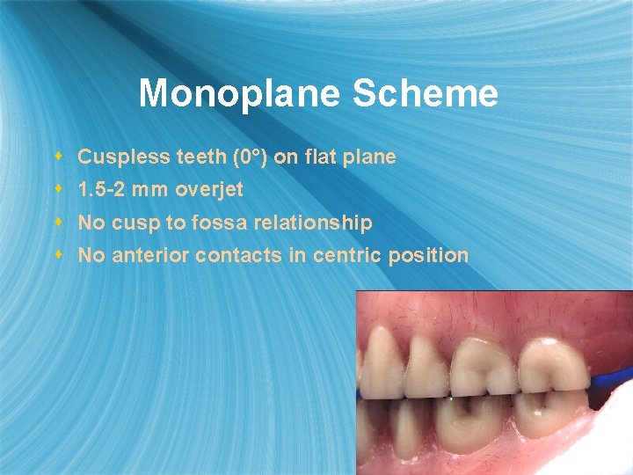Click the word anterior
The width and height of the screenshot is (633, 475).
click(149, 256)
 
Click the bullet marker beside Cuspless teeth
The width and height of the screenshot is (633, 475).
click(59, 157)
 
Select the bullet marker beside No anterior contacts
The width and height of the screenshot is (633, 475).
click(59, 255)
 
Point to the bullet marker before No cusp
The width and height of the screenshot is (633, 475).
click(59, 223)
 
